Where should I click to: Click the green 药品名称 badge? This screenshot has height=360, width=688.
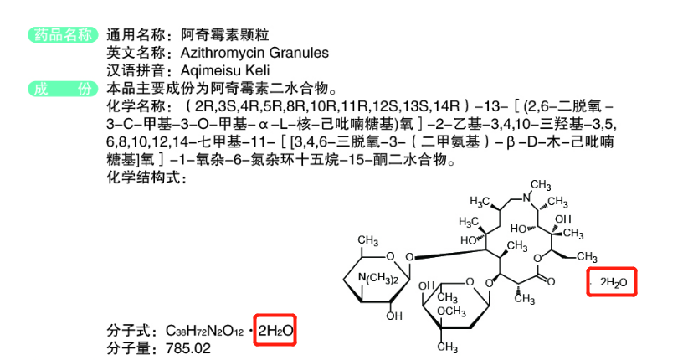(61, 34)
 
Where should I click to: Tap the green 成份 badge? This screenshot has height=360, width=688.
(61, 89)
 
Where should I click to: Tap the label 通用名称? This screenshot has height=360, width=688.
(132, 35)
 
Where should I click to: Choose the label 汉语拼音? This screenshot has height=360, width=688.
(132, 70)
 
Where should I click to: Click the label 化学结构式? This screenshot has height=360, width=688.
(138, 177)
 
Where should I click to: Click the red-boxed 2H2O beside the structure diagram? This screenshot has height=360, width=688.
(613, 283)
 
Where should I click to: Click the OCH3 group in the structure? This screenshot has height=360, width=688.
(453, 312)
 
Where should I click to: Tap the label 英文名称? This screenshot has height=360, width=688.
(132, 53)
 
